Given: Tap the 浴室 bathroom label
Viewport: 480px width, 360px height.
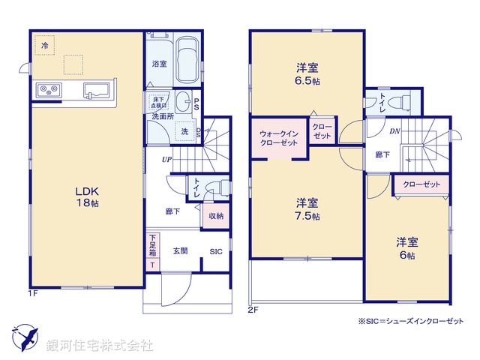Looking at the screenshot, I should pyautogui.click(x=158, y=63).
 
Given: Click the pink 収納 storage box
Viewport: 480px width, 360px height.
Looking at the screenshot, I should pyautogui.click(x=215, y=216).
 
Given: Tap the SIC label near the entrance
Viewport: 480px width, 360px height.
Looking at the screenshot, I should pyautogui.click(x=216, y=251).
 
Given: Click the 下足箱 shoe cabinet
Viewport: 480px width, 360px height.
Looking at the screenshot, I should pyautogui.click(x=152, y=252).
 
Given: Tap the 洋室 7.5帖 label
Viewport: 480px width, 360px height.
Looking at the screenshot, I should pyautogui.click(x=307, y=208).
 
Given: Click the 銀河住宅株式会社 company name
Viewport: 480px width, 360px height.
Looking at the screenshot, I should pyautogui.click(x=100, y=346).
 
